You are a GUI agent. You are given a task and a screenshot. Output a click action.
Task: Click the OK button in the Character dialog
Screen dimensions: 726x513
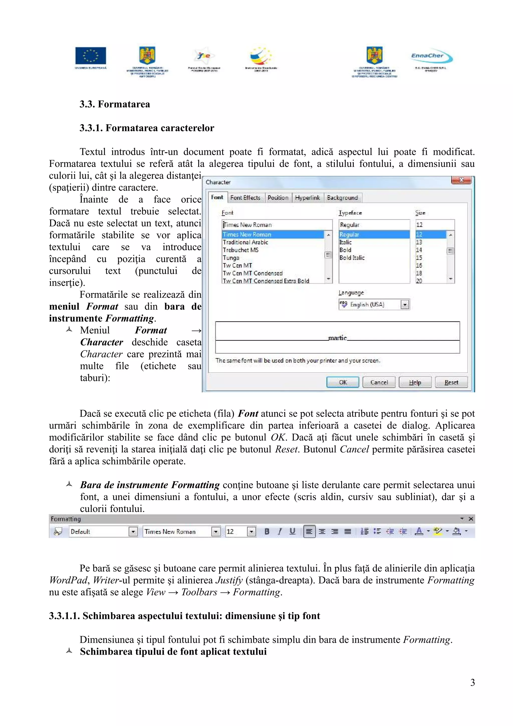pyautogui.click(x=343, y=382)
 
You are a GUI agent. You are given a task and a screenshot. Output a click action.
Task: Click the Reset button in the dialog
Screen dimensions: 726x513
pyautogui.click(x=451, y=382)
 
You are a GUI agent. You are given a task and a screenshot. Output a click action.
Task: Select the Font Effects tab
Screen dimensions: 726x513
pyautogui.click(x=245, y=198)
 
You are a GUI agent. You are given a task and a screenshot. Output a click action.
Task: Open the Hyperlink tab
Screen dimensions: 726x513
pyautogui.click(x=307, y=198)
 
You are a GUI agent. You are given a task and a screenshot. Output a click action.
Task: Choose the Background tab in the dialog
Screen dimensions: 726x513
pyautogui.click(x=342, y=198)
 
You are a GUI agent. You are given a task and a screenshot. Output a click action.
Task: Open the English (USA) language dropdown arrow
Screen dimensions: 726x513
pyautogui.click(x=405, y=305)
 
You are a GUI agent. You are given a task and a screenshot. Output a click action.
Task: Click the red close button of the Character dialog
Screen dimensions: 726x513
pyautogui.click(x=461, y=180)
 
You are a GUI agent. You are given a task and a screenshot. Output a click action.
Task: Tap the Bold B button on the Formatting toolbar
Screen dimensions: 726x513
pyautogui.click(x=267, y=532)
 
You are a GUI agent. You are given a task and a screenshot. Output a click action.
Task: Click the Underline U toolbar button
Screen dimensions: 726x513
pyautogui.click(x=292, y=532)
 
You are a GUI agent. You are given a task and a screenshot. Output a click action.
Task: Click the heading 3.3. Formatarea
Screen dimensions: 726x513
pyautogui.click(x=115, y=104)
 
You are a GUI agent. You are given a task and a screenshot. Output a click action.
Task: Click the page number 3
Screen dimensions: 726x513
pyautogui.click(x=472, y=682)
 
